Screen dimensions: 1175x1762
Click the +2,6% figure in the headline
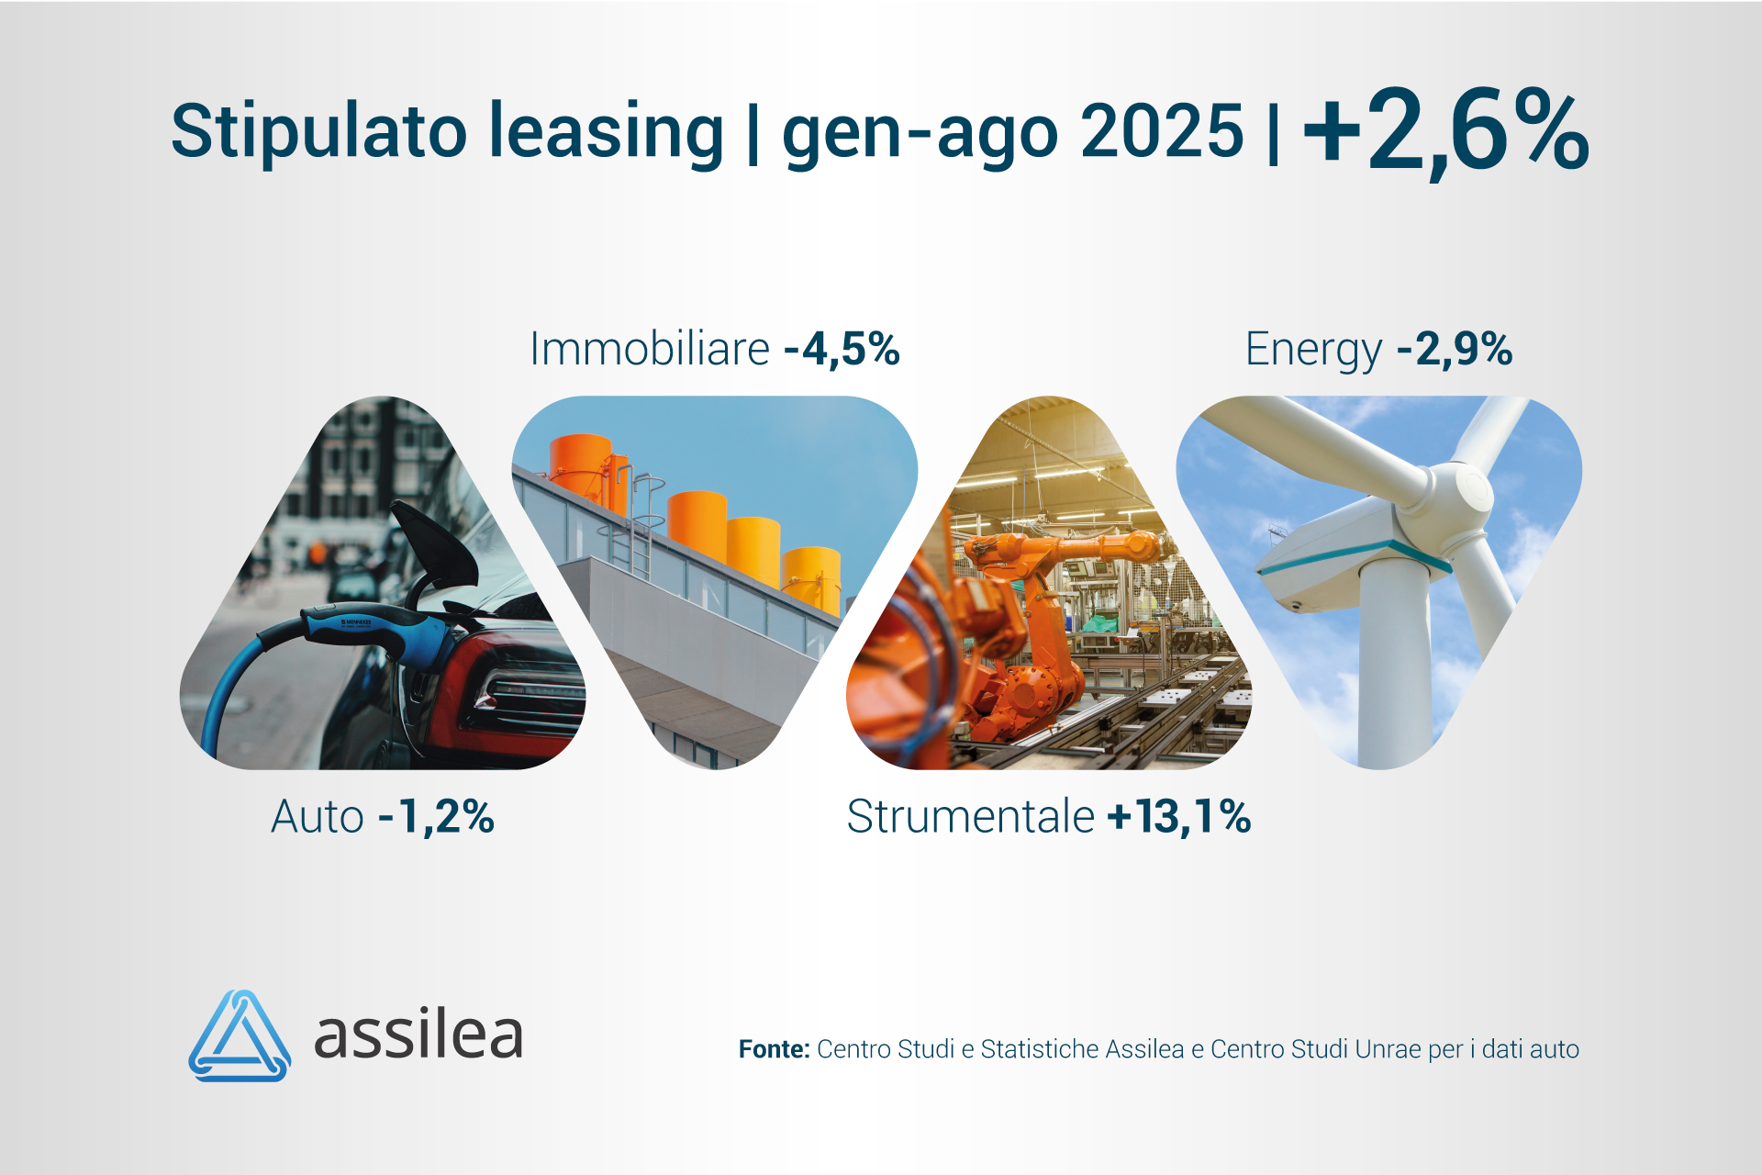click(1445, 130)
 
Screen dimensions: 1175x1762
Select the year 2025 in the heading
click(1162, 130)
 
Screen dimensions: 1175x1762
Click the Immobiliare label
click(650, 349)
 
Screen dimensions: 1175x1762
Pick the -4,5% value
click(842, 349)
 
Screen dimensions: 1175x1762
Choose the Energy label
click(1312, 350)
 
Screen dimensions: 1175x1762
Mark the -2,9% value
click(1455, 349)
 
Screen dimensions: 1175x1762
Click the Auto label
click(318, 816)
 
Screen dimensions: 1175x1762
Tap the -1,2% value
click(437, 816)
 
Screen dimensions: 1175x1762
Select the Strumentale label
click(970, 816)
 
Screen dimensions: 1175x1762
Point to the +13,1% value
click(1179, 816)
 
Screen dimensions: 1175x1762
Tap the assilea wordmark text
click(418, 1035)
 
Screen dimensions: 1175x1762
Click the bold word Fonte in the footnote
click(774, 1049)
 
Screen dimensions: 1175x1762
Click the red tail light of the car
click(514, 688)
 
